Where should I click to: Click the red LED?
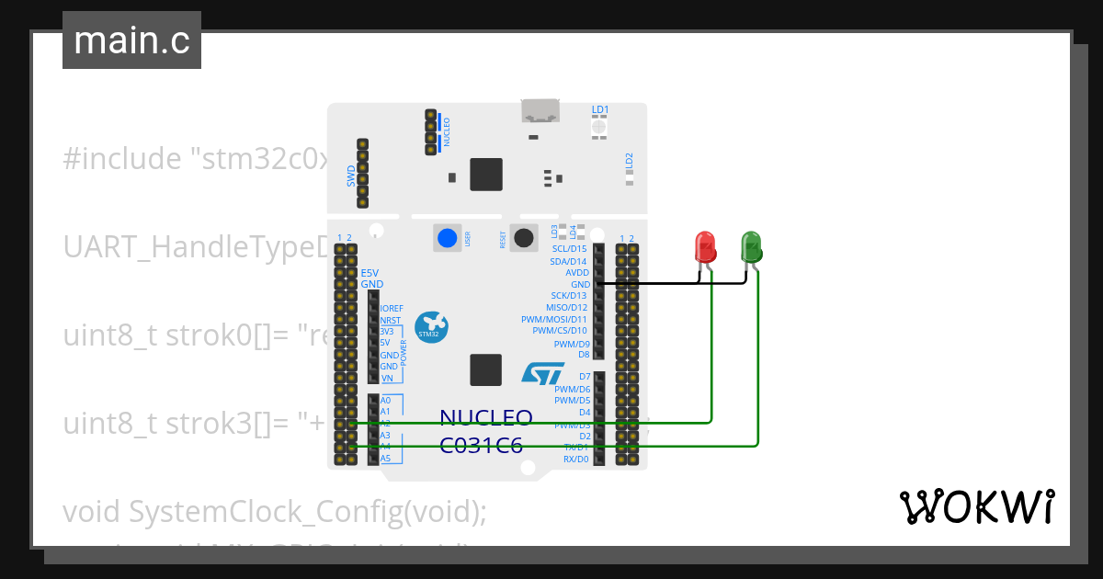click(x=705, y=246)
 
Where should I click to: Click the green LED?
click(x=751, y=246)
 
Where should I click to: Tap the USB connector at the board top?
click(x=541, y=110)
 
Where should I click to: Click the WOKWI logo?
click(x=975, y=506)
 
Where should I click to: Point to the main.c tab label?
click(x=131, y=40)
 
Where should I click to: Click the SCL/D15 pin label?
click(x=569, y=249)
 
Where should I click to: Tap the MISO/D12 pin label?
click(x=566, y=307)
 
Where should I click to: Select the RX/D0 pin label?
click(x=575, y=458)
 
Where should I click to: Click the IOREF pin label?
click(x=392, y=309)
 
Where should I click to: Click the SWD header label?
click(x=351, y=176)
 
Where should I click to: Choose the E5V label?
click(x=370, y=273)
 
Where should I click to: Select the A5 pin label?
click(x=385, y=458)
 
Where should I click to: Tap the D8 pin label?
click(x=583, y=354)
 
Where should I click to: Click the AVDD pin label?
click(x=577, y=273)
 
